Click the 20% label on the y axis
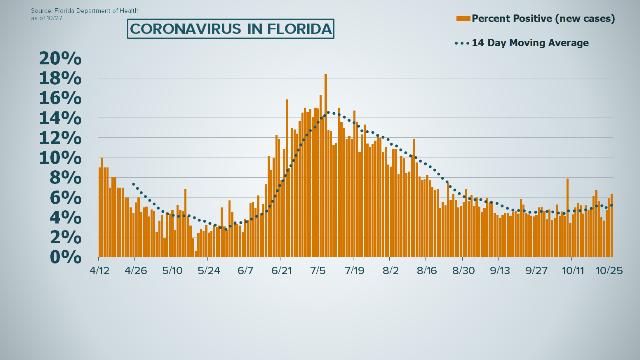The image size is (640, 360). click(60, 59)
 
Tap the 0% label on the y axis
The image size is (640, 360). click(66, 257)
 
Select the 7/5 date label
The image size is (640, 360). click(318, 270)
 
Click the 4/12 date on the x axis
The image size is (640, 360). click(99, 270)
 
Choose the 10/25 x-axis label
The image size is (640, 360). click(609, 270)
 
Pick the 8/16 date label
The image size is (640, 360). click(427, 270)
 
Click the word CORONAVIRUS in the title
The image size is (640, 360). click(185, 29)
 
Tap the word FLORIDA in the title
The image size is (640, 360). click(299, 29)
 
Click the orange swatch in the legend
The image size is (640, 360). click(463, 18)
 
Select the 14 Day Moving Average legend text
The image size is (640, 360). click(530, 43)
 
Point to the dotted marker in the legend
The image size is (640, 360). click(462, 43)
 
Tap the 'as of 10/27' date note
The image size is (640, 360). click(47, 18)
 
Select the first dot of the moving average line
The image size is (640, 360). click(133, 184)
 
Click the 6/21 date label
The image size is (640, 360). click(281, 270)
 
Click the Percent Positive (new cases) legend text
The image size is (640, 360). click(543, 18)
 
